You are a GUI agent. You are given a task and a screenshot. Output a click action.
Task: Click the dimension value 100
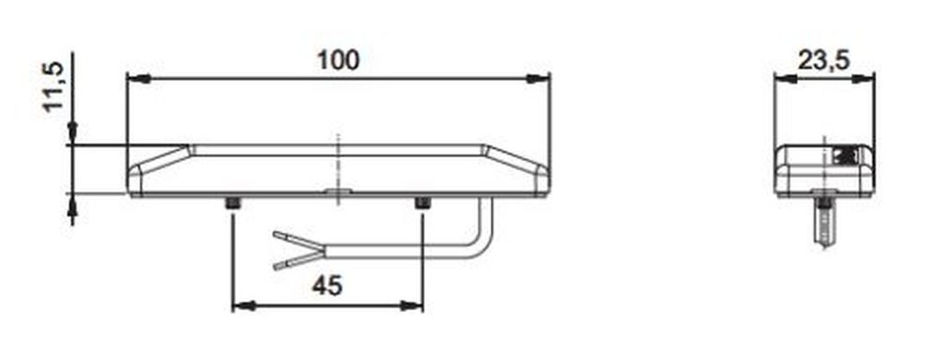(x=338, y=60)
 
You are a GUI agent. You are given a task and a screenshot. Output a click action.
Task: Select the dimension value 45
(x=327, y=285)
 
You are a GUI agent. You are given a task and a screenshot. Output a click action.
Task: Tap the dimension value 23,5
(x=823, y=61)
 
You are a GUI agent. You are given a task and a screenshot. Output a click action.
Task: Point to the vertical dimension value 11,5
(x=54, y=87)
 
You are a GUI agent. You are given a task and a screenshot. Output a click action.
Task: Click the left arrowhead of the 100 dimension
(x=139, y=79)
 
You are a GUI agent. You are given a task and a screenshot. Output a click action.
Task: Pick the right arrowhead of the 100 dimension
(x=538, y=79)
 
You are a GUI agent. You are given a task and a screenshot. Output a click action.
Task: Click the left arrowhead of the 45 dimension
(x=244, y=307)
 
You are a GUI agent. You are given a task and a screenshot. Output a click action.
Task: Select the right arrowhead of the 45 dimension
(x=412, y=307)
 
